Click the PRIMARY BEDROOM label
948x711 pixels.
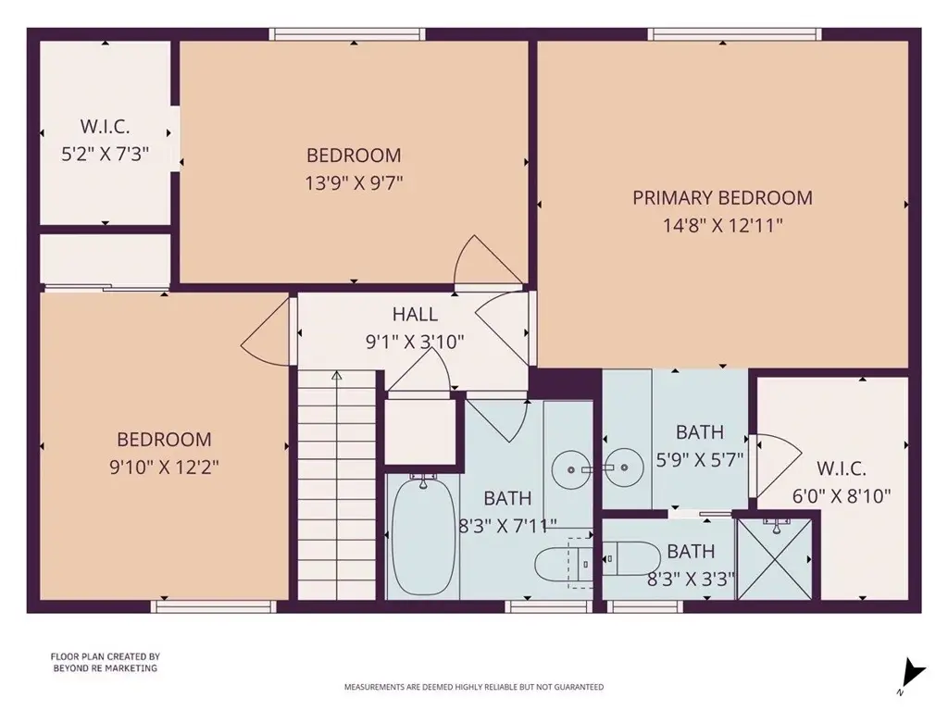pos(722,198)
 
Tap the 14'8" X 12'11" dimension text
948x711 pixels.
pos(722,226)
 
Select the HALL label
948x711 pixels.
pos(415,314)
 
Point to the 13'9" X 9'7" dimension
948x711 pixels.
pos(354,182)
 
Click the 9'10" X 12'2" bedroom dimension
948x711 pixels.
pos(164,467)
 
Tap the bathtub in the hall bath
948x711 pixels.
pos(423,536)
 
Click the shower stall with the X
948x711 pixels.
pos(775,558)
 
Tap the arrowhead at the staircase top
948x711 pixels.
pos(337,376)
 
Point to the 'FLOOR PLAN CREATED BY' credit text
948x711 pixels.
pos(106,656)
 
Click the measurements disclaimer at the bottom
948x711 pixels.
pos(474,687)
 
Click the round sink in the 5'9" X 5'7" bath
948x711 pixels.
pos(623,468)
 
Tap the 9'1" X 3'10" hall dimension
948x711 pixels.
pos(415,343)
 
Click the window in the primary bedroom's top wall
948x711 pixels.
pos(734,34)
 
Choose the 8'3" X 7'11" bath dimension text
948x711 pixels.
pos(507,526)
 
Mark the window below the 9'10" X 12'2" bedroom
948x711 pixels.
pos(214,606)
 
